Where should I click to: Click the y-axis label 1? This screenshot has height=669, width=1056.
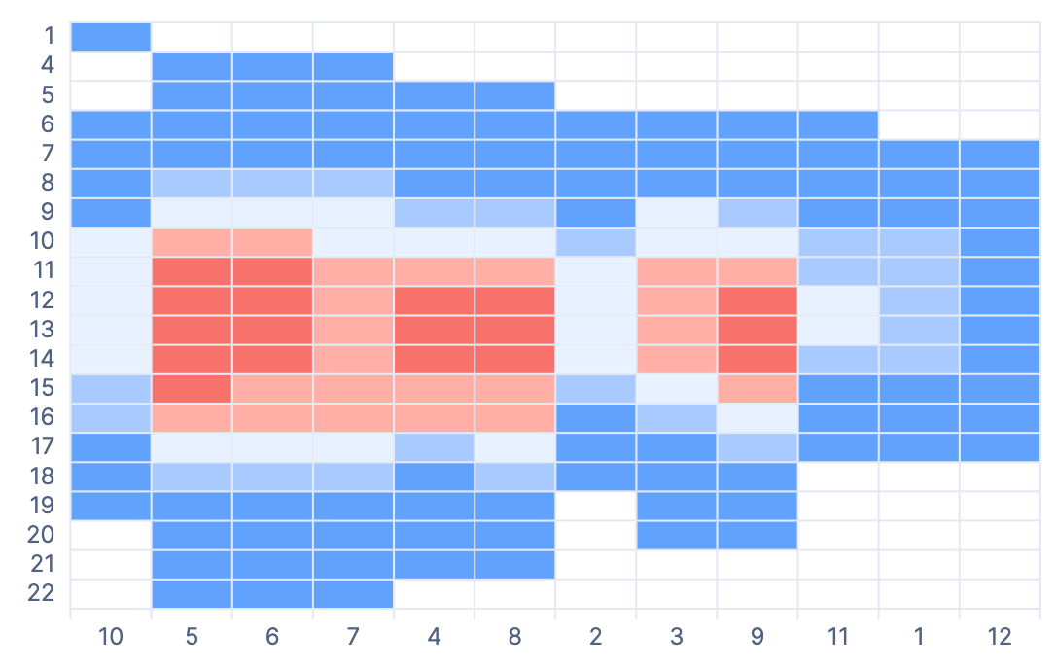(49, 37)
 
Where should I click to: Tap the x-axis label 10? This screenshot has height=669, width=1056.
(111, 637)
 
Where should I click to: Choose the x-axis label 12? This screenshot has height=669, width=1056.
(1000, 637)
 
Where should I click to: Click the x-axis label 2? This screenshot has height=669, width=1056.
(595, 637)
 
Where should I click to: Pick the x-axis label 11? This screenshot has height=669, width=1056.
(838, 637)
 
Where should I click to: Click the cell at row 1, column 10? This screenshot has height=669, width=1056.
(111, 37)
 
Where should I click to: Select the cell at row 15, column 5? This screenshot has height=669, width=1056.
(192, 388)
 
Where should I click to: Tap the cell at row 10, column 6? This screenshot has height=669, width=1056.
(272, 242)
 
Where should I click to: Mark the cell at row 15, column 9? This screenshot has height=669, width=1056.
(757, 388)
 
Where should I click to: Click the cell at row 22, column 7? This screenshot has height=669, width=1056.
(353, 592)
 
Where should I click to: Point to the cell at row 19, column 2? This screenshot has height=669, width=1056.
(595, 505)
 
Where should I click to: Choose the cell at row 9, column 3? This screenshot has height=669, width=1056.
(676, 213)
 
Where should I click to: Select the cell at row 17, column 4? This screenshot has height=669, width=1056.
(434, 446)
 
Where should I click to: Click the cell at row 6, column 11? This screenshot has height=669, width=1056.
(838, 124)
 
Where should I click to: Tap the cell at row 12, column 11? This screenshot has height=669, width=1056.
(838, 300)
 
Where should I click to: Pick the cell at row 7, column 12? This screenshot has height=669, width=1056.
(1000, 154)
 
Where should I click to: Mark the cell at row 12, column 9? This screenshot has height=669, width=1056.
(757, 300)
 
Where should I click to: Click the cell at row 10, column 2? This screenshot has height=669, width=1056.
(595, 242)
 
